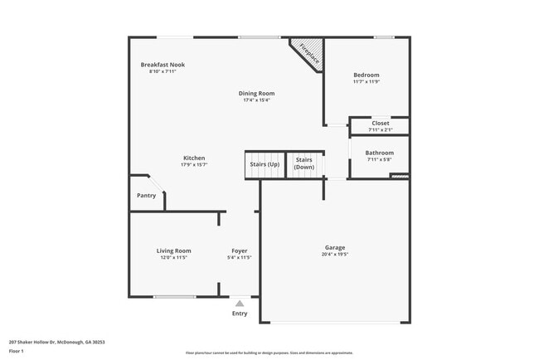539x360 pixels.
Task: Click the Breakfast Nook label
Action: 163,65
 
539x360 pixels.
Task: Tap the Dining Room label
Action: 257,94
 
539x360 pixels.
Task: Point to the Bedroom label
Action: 366,75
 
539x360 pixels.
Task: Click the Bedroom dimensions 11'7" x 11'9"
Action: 366,81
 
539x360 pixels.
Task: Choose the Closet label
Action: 380,123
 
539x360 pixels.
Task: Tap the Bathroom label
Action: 380,153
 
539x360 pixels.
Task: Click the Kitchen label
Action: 194,158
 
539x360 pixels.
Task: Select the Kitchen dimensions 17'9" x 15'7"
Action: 194,165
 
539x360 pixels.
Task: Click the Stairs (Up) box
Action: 265,164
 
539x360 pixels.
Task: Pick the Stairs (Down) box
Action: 304,164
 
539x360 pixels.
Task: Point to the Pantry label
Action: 146,196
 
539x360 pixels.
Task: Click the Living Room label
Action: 174,251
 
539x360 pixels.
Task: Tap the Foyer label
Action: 239,251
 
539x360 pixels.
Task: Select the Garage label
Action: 335,247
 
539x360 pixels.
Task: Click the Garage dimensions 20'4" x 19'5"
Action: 335,255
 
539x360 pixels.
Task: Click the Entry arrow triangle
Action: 240,304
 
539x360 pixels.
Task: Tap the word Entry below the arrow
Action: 240,314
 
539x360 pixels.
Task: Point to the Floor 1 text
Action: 17,352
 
